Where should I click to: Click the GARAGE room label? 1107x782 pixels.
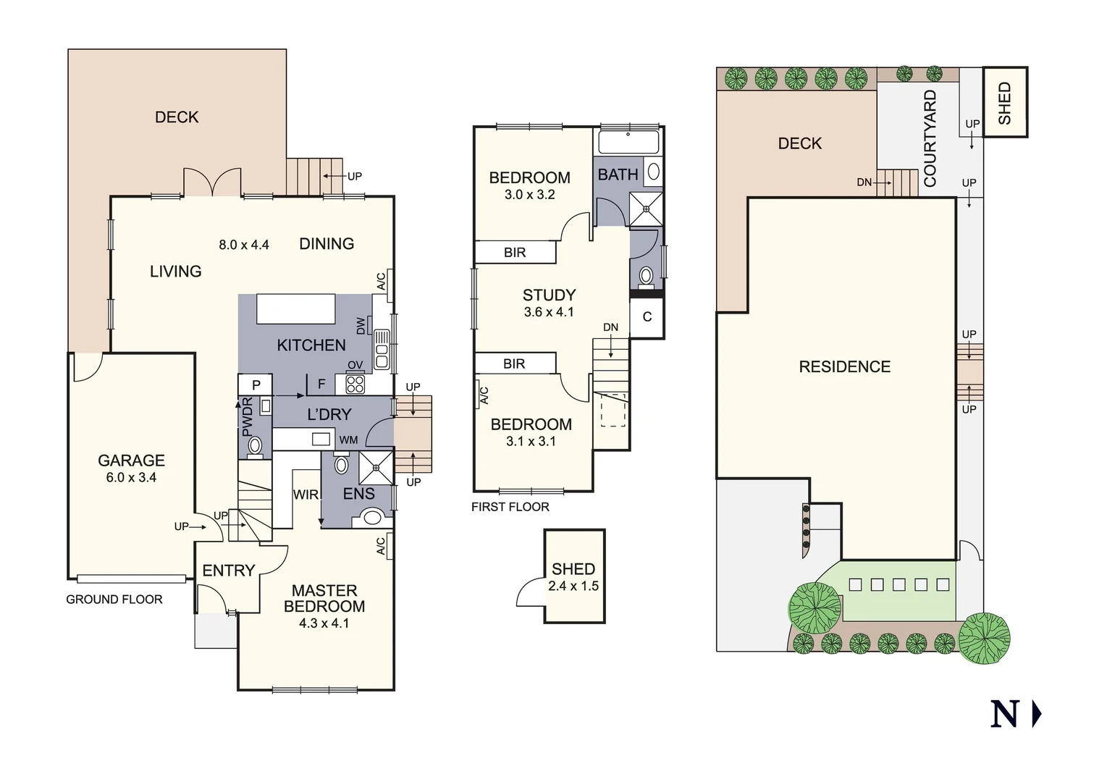coord(131,461)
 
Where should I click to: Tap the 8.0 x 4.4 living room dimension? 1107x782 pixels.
coord(244,245)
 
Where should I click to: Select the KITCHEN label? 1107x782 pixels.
coord(311,345)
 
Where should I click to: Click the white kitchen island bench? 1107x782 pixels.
coord(296,309)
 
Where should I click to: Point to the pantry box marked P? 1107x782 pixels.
coord(255,385)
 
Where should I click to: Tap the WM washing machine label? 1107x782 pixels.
coord(348,440)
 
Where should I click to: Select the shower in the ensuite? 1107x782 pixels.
coord(375,468)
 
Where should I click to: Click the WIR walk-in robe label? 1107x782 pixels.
coord(306,495)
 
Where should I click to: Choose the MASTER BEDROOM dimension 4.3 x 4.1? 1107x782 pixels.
coord(324,623)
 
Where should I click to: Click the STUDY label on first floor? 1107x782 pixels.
coord(549,295)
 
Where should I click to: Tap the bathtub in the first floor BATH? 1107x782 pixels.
coord(627,142)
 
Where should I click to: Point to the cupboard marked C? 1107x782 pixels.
coord(647,317)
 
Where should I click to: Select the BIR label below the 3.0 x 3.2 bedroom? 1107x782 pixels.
coord(515,253)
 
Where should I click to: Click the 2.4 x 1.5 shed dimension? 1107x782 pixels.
coord(573,586)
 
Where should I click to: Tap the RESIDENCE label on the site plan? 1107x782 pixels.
coord(844,367)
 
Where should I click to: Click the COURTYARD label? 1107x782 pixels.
coord(930,138)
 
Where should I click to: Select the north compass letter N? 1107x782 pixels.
coord(1004,714)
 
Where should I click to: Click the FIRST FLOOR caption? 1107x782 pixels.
coord(510,507)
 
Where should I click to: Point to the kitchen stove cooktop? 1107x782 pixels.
coord(355,384)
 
